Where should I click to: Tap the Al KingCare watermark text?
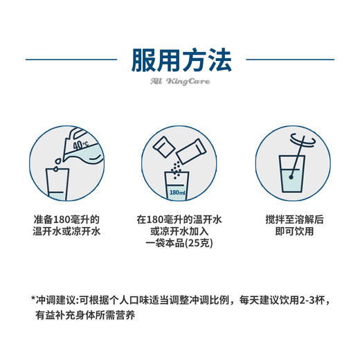click(179, 82)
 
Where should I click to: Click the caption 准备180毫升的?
click(66, 218)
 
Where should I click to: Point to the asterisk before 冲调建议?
click(33, 300)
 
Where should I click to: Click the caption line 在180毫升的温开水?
click(179, 218)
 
